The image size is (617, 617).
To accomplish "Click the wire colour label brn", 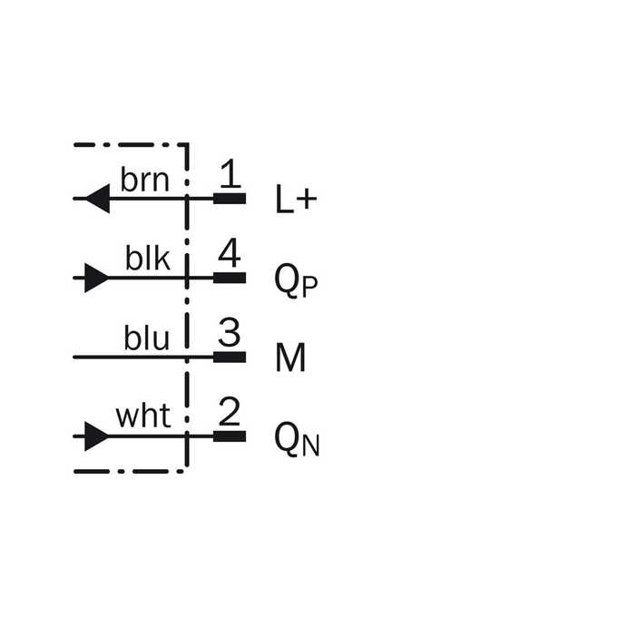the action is pyautogui.click(x=145, y=180).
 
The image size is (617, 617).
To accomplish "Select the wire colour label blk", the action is pyautogui.click(x=148, y=258).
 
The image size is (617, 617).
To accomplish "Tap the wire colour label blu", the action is pyautogui.click(x=147, y=338).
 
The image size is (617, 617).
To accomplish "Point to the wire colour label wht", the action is pyautogui.click(x=143, y=416).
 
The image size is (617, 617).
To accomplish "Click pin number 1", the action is pyautogui.click(x=230, y=173).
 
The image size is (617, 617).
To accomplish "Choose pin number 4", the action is pyautogui.click(x=230, y=253).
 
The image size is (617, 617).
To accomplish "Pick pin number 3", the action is pyautogui.click(x=229, y=332).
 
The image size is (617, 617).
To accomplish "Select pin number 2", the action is pyautogui.click(x=230, y=412).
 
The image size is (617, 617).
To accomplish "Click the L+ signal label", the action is pyautogui.click(x=297, y=199).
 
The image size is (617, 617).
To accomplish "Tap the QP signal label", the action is pyautogui.click(x=296, y=280).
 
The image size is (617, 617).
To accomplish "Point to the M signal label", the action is pyautogui.click(x=290, y=357).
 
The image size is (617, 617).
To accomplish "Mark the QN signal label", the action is pyautogui.click(x=297, y=439).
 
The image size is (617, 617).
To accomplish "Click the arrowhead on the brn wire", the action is pyautogui.click(x=98, y=199).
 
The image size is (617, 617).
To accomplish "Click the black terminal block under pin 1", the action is pyautogui.click(x=230, y=199).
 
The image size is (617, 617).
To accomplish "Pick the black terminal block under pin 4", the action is pyautogui.click(x=230, y=278).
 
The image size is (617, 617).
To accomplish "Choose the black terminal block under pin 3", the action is pyautogui.click(x=230, y=357).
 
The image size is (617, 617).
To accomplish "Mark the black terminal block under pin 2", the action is pyautogui.click(x=230, y=436).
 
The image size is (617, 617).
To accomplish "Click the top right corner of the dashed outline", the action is pyautogui.click(x=187, y=145).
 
